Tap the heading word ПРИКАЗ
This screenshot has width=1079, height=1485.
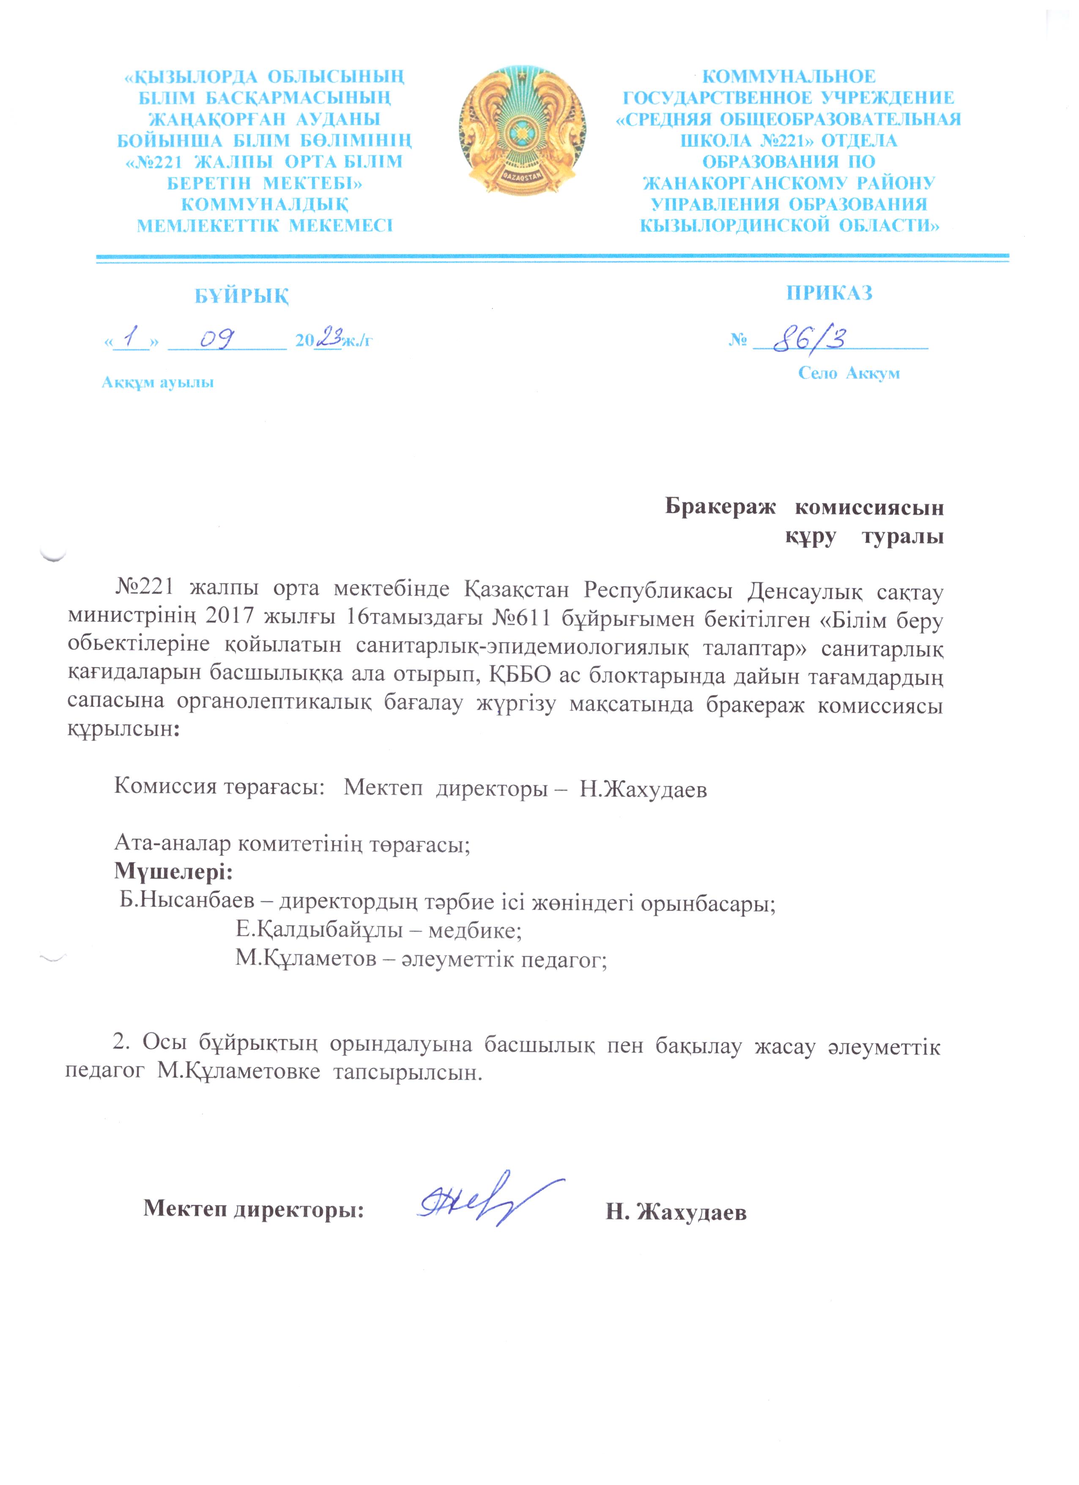click(829, 293)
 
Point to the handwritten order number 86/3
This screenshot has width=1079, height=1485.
click(809, 339)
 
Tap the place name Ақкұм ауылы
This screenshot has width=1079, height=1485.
click(158, 382)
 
